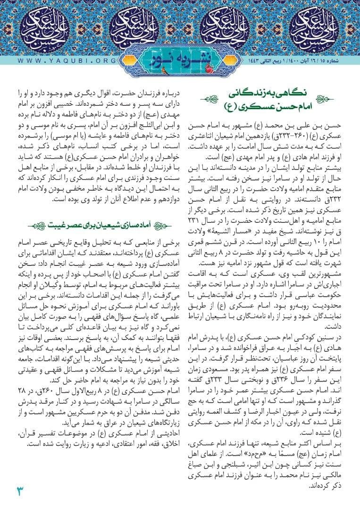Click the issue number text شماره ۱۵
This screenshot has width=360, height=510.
342,61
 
